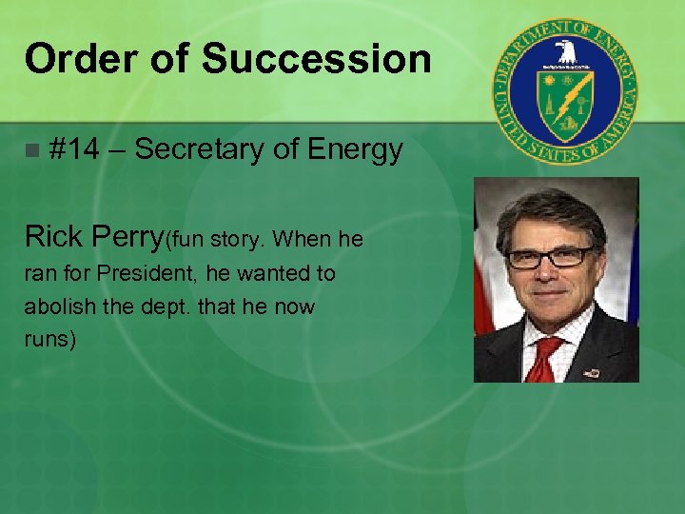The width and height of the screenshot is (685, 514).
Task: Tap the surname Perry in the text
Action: pos(128,236)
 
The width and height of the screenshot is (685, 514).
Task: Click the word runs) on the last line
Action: pos(50,340)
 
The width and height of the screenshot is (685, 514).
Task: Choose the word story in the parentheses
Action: pos(228,239)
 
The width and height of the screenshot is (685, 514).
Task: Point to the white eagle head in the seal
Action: pos(566,49)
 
